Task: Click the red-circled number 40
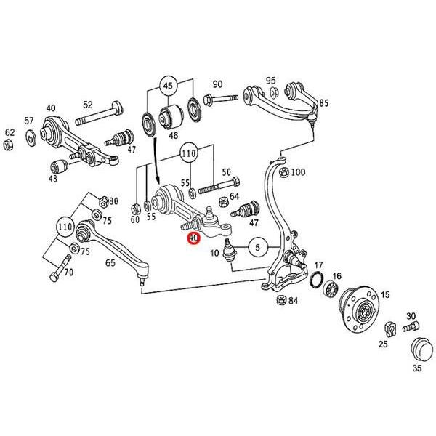point(193,238)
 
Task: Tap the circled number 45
point(168,86)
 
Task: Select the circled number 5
point(258,247)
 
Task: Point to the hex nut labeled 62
point(9,145)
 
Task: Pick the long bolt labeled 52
point(99,114)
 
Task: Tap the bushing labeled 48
point(59,166)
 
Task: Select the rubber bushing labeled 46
point(171,116)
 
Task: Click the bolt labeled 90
point(222,99)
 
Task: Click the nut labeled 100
point(283,172)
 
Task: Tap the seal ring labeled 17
point(317,279)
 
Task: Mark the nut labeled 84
point(281,300)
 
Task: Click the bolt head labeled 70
point(54,277)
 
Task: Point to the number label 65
point(110,262)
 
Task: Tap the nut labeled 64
point(223,202)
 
